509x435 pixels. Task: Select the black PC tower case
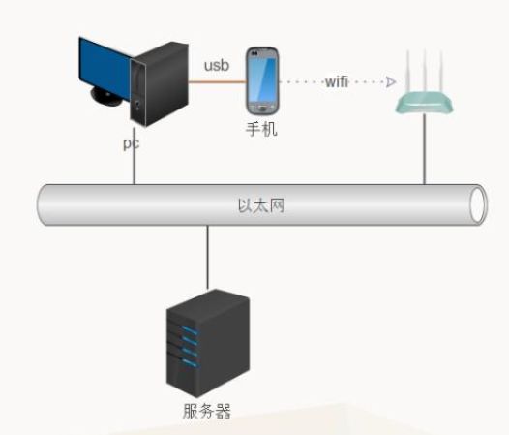[x=159, y=84]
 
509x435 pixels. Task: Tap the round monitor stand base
[x=105, y=97]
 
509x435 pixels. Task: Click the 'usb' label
[x=217, y=65]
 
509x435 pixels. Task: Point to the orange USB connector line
[x=217, y=82]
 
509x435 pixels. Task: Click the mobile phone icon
[x=262, y=81]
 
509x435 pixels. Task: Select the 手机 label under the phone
[x=261, y=129]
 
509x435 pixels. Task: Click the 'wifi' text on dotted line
[x=337, y=81]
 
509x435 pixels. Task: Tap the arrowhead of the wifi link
[x=391, y=82]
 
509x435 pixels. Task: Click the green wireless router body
[x=424, y=104]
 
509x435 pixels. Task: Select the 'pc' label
[x=132, y=143]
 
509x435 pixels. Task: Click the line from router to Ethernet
[x=424, y=149]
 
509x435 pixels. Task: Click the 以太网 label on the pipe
[x=261, y=205]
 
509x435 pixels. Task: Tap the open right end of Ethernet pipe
[x=478, y=204]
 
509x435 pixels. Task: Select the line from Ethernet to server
[x=208, y=258]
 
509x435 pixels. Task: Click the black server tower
[x=208, y=343]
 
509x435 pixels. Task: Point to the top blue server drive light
[x=190, y=331]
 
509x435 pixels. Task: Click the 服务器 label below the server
[x=207, y=411]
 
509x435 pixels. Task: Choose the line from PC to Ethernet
[x=135, y=156]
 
